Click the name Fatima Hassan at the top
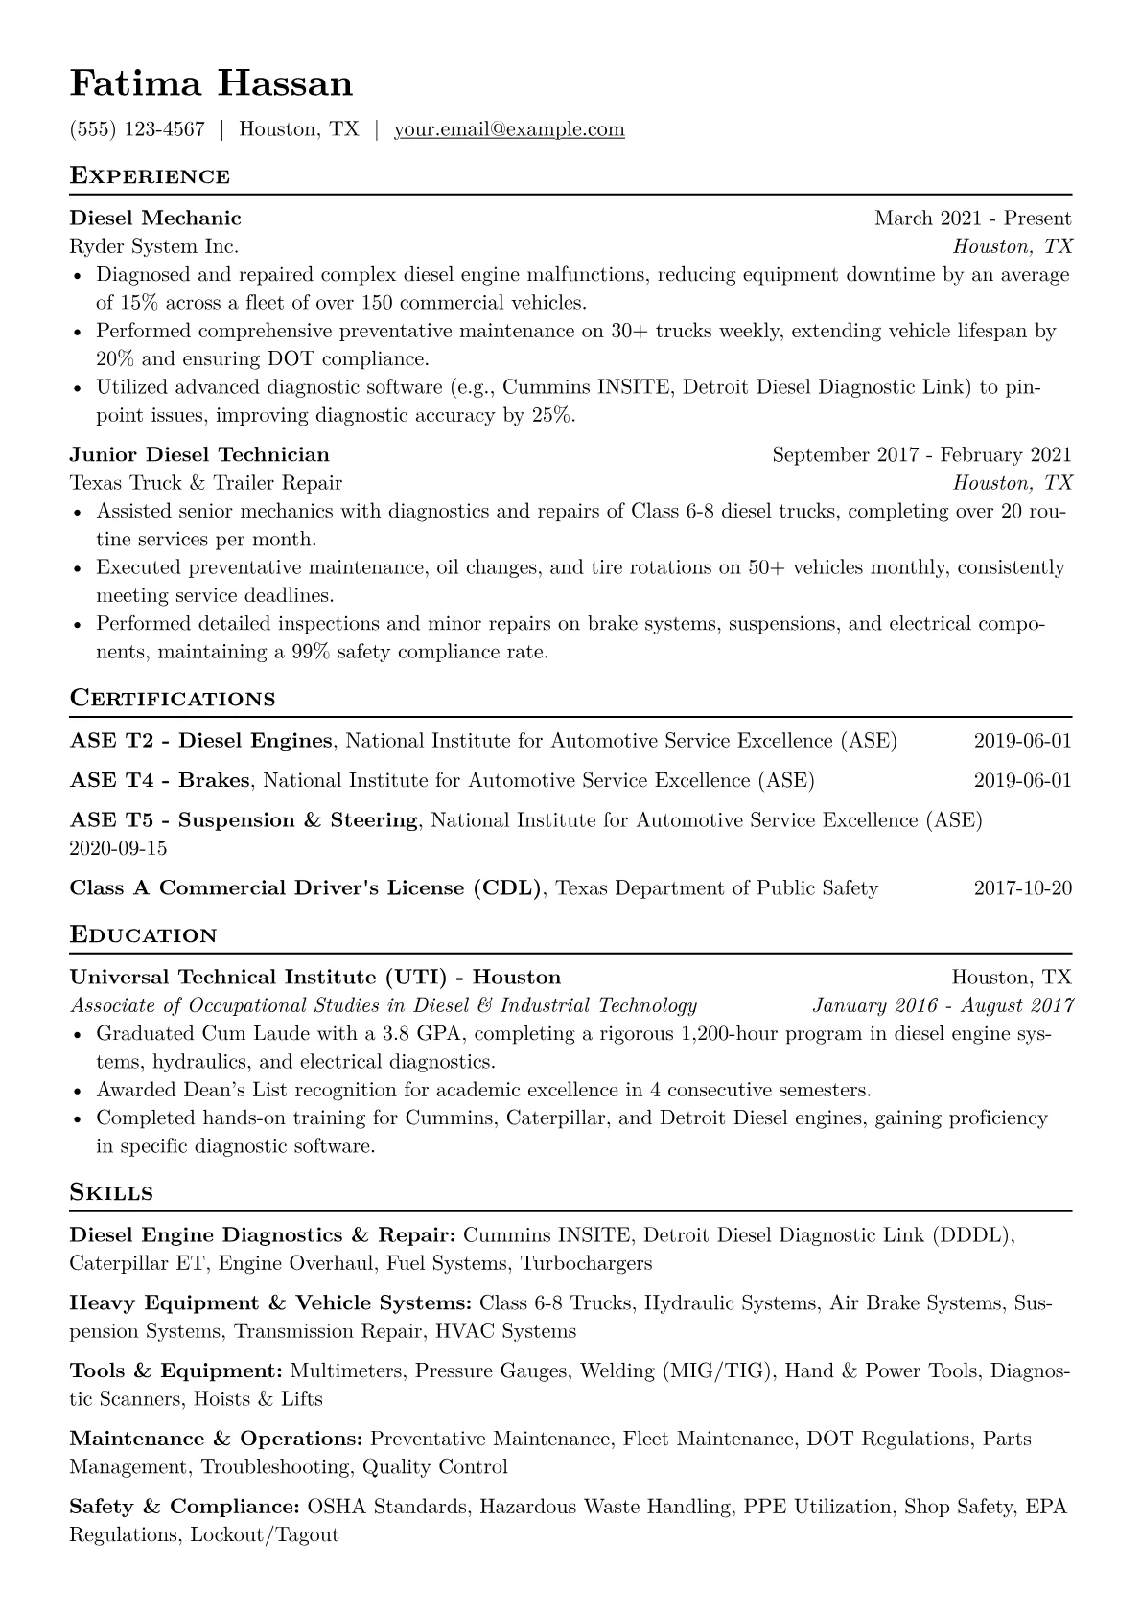pyautogui.click(x=211, y=84)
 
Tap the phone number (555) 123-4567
pyautogui.click(x=137, y=129)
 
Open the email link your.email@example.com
pyautogui.click(x=508, y=129)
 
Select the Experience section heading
pyautogui.click(x=150, y=176)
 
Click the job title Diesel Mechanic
pyautogui.click(x=155, y=219)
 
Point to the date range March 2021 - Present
pyautogui.click(x=972, y=219)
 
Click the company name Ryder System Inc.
pyautogui.click(x=153, y=246)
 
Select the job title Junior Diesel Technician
pyautogui.click(x=199, y=454)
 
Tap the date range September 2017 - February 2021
pyautogui.click(x=921, y=454)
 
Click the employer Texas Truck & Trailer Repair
pyautogui.click(x=205, y=482)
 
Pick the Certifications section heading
pyautogui.click(x=173, y=699)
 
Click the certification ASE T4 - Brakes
pyautogui.click(x=159, y=780)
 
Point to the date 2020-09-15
pyautogui.click(x=118, y=848)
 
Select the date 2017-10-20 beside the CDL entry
pyautogui.click(x=1022, y=888)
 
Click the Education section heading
pyautogui.click(x=143, y=935)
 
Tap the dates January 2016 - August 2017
pyautogui.click(x=943, y=1005)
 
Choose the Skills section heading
pyautogui.click(x=111, y=1193)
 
